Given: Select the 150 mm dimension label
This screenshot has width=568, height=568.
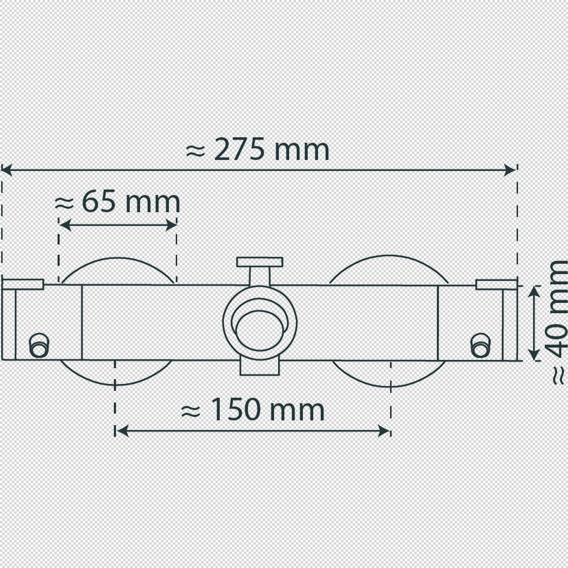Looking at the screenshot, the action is pyautogui.click(x=253, y=409).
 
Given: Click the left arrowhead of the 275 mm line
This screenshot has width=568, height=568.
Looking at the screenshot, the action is pyautogui.click(x=6, y=170).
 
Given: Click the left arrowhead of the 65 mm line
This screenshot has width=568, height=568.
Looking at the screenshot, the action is pyautogui.click(x=65, y=225).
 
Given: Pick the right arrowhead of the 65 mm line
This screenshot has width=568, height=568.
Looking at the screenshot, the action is pyautogui.click(x=171, y=225).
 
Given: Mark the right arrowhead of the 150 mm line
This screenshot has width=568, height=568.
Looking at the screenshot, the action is pyautogui.click(x=384, y=431).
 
